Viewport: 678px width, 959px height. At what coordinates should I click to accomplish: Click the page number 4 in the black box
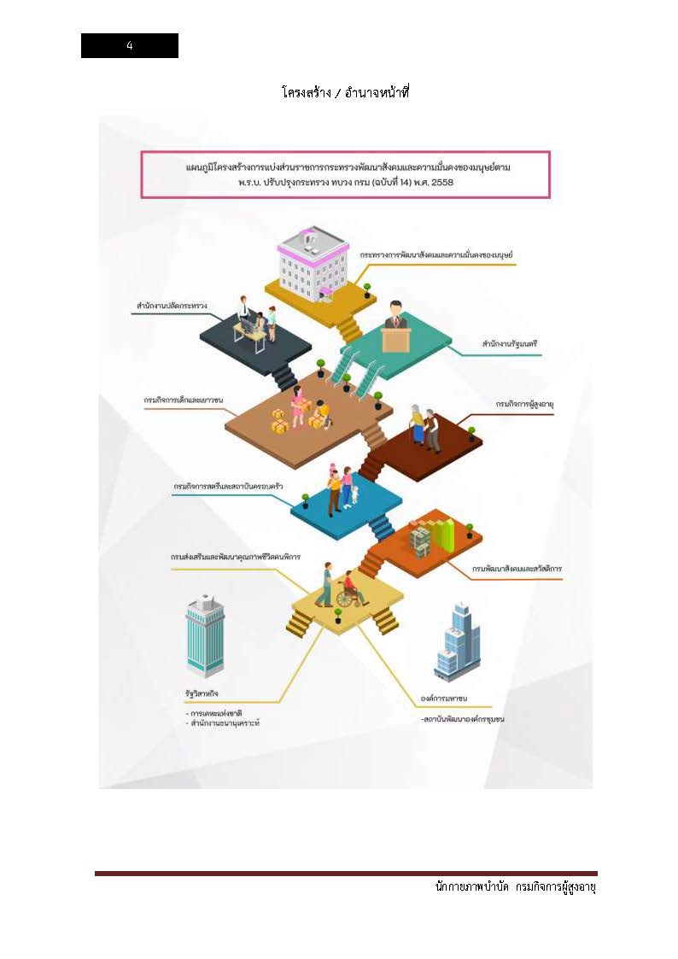[x=130, y=46]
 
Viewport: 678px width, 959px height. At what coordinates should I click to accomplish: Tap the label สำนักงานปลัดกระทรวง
[x=172, y=305]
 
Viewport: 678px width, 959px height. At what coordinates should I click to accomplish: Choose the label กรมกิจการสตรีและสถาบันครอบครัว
[x=228, y=486]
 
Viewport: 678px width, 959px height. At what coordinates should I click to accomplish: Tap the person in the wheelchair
[x=351, y=588]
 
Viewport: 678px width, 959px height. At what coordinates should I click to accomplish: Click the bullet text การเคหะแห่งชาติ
[x=214, y=712]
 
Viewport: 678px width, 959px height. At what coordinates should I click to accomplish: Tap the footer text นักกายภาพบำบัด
[x=470, y=888]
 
